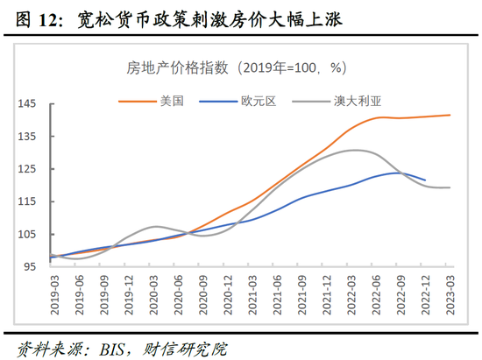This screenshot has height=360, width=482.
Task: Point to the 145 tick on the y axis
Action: click(29, 104)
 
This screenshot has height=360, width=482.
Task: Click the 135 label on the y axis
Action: click(29, 137)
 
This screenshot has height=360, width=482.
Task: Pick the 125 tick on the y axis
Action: click(29, 169)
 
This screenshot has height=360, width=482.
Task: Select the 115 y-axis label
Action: click(29, 201)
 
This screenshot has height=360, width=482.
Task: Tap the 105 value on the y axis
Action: click(29, 234)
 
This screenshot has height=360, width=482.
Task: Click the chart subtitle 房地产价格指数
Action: click(167, 67)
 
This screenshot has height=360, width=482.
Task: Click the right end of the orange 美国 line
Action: click(450, 115)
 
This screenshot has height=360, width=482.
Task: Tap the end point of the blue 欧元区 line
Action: click(425, 180)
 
